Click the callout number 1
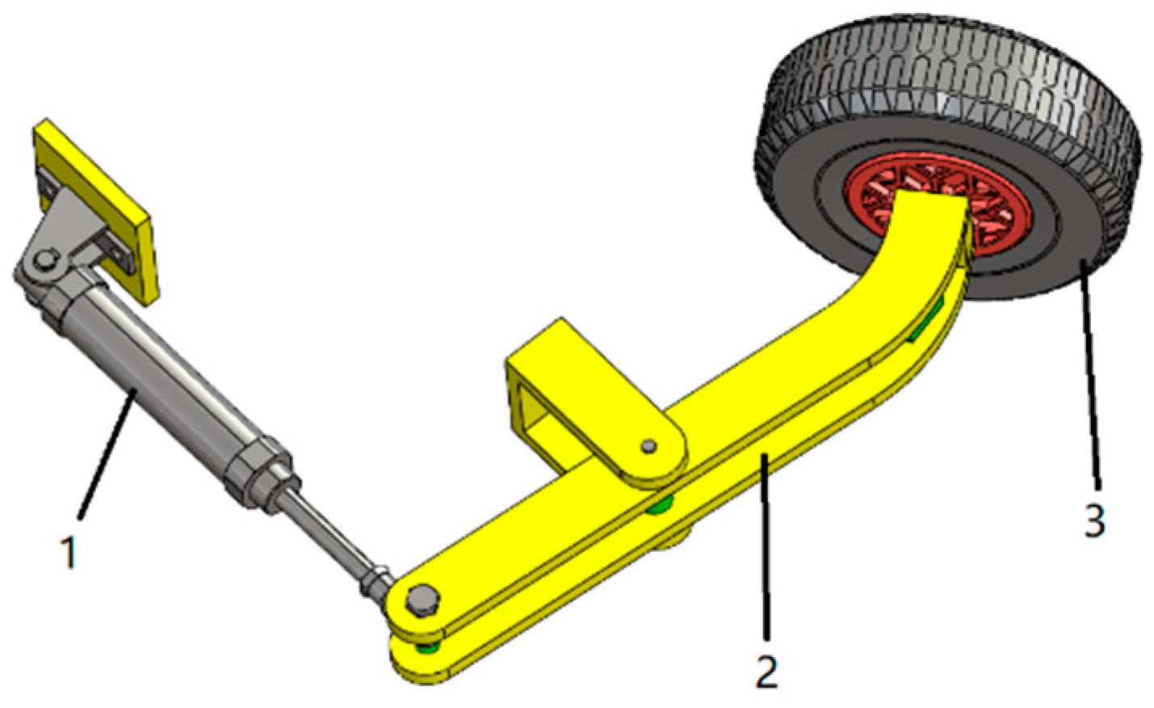tap(69, 553)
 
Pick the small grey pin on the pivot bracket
tap(648, 445)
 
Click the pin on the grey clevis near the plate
tap(45, 260)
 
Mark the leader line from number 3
tap(1090, 380)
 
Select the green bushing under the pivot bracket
tap(661, 505)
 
